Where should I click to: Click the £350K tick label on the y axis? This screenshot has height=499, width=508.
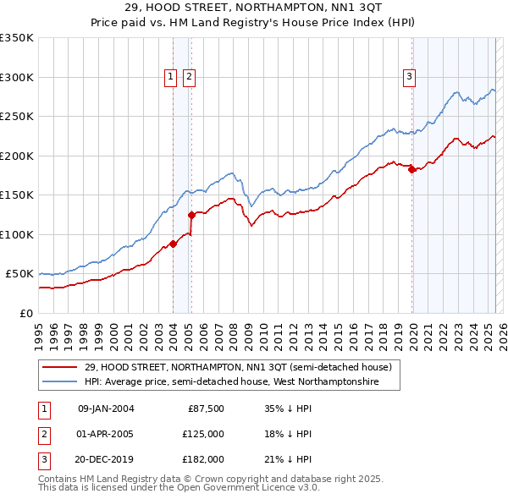coord(17,38)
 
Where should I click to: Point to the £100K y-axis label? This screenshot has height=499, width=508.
coord(17,234)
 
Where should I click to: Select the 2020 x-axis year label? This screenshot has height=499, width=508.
coord(412,331)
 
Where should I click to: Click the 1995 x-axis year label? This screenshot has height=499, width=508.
coord(38,331)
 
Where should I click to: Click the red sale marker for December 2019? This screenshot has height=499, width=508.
coord(411,169)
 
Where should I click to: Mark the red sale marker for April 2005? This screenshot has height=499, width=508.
coord(191,214)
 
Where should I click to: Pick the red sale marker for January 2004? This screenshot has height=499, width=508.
coord(173,244)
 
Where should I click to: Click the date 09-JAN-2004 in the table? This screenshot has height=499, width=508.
coord(106,409)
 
